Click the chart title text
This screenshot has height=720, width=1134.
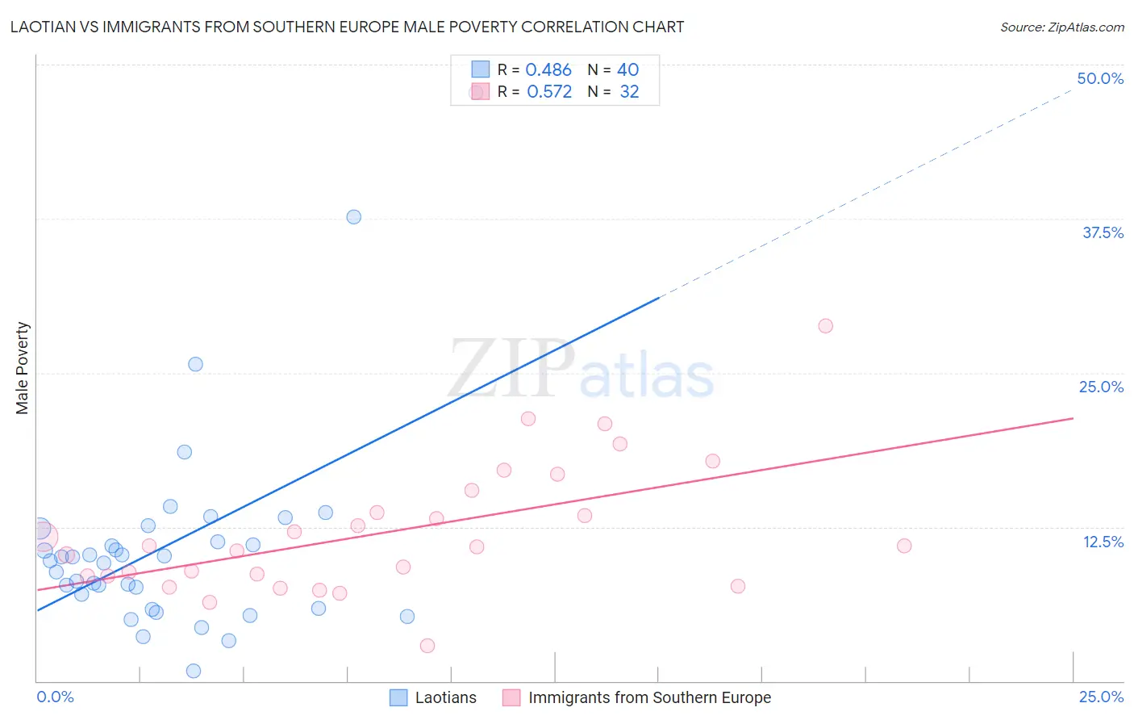coord(347,27)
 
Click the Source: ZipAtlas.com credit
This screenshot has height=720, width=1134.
coord(1061,27)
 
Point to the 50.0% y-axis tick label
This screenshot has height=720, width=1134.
coord(1100,78)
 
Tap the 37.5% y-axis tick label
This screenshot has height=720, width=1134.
coord(1103,232)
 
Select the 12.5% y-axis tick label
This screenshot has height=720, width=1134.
coord(1103,542)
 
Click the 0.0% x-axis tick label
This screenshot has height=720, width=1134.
coord(55,697)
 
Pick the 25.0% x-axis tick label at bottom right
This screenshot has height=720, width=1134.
coord(1101,697)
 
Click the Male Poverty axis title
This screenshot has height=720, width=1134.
coord(22,368)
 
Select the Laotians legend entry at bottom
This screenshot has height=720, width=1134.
coord(445,697)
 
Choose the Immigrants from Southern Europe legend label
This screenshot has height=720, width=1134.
coord(649,697)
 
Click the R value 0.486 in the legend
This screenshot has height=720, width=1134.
coord(548,70)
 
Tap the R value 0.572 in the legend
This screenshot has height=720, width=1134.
coord(549,92)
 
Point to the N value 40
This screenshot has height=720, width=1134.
coord(627,70)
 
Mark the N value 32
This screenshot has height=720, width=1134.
coord(629,92)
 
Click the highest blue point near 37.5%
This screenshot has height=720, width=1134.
coord(353,217)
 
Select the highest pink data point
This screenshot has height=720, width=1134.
coord(825,326)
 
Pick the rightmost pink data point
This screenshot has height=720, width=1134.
coord(904,546)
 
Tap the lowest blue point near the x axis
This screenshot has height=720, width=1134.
coord(194,671)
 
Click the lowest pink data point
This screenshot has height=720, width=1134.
coord(427,646)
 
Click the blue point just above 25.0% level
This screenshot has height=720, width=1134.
coord(195,364)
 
